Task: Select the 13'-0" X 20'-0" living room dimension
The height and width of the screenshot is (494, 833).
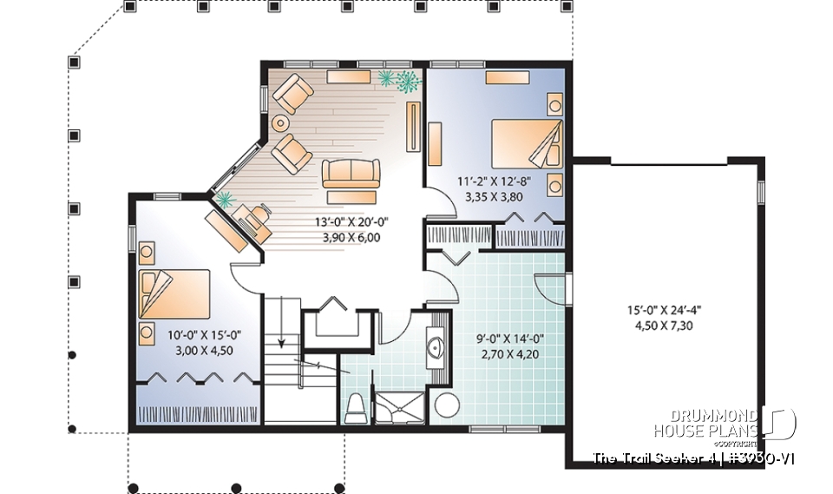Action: point(351,221)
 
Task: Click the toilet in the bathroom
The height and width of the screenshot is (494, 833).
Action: point(356,407)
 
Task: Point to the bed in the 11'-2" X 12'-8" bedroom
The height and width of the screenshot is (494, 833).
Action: point(527,142)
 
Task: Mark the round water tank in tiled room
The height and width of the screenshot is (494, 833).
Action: point(447,405)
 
